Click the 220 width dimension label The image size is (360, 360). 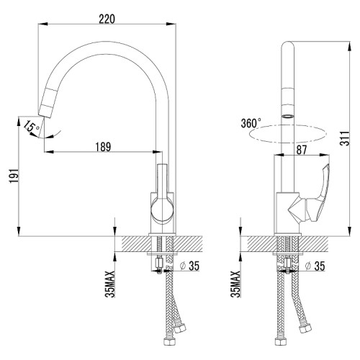coord(107,19)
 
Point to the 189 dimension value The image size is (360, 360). coord(104,147)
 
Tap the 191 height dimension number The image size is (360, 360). coord(14,176)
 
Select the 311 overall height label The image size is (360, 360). coord(345,138)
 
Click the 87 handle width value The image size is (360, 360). coord(302,150)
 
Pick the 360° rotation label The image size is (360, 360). coord(251,123)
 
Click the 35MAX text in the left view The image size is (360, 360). coord(110,284)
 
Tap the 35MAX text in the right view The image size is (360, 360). coord(235,284)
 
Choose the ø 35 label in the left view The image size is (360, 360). coord(190,266)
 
